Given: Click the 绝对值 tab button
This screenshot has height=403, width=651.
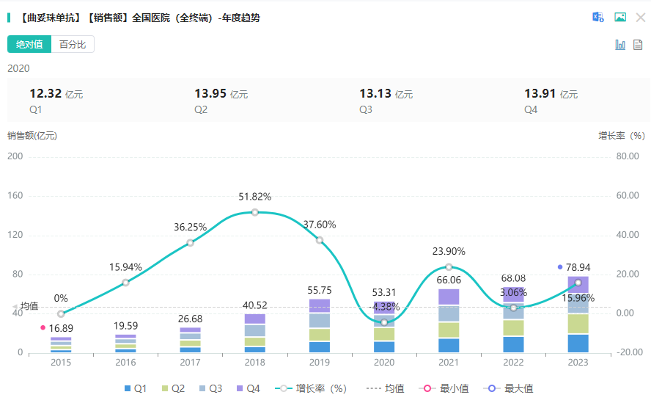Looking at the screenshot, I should [x=29, y=45].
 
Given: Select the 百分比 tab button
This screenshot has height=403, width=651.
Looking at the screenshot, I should [x=73, y=45].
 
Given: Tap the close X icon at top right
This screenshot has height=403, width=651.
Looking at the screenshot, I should [x=640, y=18].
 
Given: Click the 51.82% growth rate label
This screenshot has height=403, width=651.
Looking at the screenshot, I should [x=255, y=197].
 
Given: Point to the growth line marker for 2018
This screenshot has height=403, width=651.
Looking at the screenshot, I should [x=255, y=212].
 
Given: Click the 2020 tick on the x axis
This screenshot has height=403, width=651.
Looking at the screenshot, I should [x=384, y=363].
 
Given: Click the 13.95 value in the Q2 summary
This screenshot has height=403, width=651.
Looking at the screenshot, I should [x=210, y=93].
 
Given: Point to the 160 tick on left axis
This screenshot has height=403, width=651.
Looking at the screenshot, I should [x=15, y=196].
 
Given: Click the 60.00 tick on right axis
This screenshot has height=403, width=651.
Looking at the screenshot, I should [x=628, y=196].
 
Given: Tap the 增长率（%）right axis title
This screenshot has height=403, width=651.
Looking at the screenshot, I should [x=621, y=136].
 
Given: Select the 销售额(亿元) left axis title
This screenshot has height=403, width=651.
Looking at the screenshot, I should [x=32, y=136].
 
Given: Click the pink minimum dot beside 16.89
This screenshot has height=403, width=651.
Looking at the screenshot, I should [x=43, y=327].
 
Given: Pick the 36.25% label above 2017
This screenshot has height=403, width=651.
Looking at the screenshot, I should [x=190, y=228].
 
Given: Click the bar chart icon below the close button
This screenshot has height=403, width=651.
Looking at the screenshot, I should [x=620, y=45].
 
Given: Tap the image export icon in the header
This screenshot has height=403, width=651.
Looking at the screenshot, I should [x=620, y=18].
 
